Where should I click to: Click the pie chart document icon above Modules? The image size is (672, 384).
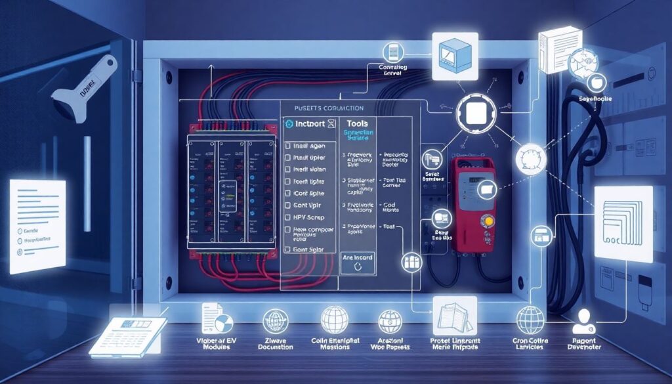217,321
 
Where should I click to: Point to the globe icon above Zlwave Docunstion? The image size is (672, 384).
275,321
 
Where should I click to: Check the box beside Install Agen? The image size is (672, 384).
287,144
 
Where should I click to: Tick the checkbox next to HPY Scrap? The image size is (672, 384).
287,217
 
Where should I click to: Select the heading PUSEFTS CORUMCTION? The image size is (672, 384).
325,108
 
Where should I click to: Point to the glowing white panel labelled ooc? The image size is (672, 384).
623,223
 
